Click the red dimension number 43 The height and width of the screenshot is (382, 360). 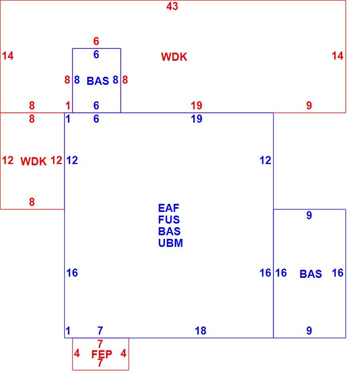point(172,6)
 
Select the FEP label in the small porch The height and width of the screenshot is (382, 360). point(102,354)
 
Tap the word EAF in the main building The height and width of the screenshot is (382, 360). point(169,208)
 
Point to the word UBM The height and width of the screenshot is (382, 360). point(170,243)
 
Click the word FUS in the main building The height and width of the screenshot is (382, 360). point(169,220)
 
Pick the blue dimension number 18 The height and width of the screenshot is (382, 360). point(200,331)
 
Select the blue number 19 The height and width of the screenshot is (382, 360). point(196,119)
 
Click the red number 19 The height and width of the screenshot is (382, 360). point(196,105)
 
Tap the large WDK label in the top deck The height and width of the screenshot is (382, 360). point(174,57)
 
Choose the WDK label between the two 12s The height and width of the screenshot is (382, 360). point(34,161)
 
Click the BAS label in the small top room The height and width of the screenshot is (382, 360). point(98,81)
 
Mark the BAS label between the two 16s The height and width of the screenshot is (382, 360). point(311,274)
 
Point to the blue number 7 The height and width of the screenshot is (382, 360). point(100,331)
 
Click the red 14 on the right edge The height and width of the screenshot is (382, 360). point(337,56)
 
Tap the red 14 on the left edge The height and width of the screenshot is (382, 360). point(8,56)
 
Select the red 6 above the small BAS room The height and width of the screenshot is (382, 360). point(96,41)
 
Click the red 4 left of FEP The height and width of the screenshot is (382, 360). point(77,353)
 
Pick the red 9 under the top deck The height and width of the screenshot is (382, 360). point(309,105)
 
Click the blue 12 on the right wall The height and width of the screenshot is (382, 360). point(265,160)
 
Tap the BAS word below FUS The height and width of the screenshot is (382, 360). point(169,231)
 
